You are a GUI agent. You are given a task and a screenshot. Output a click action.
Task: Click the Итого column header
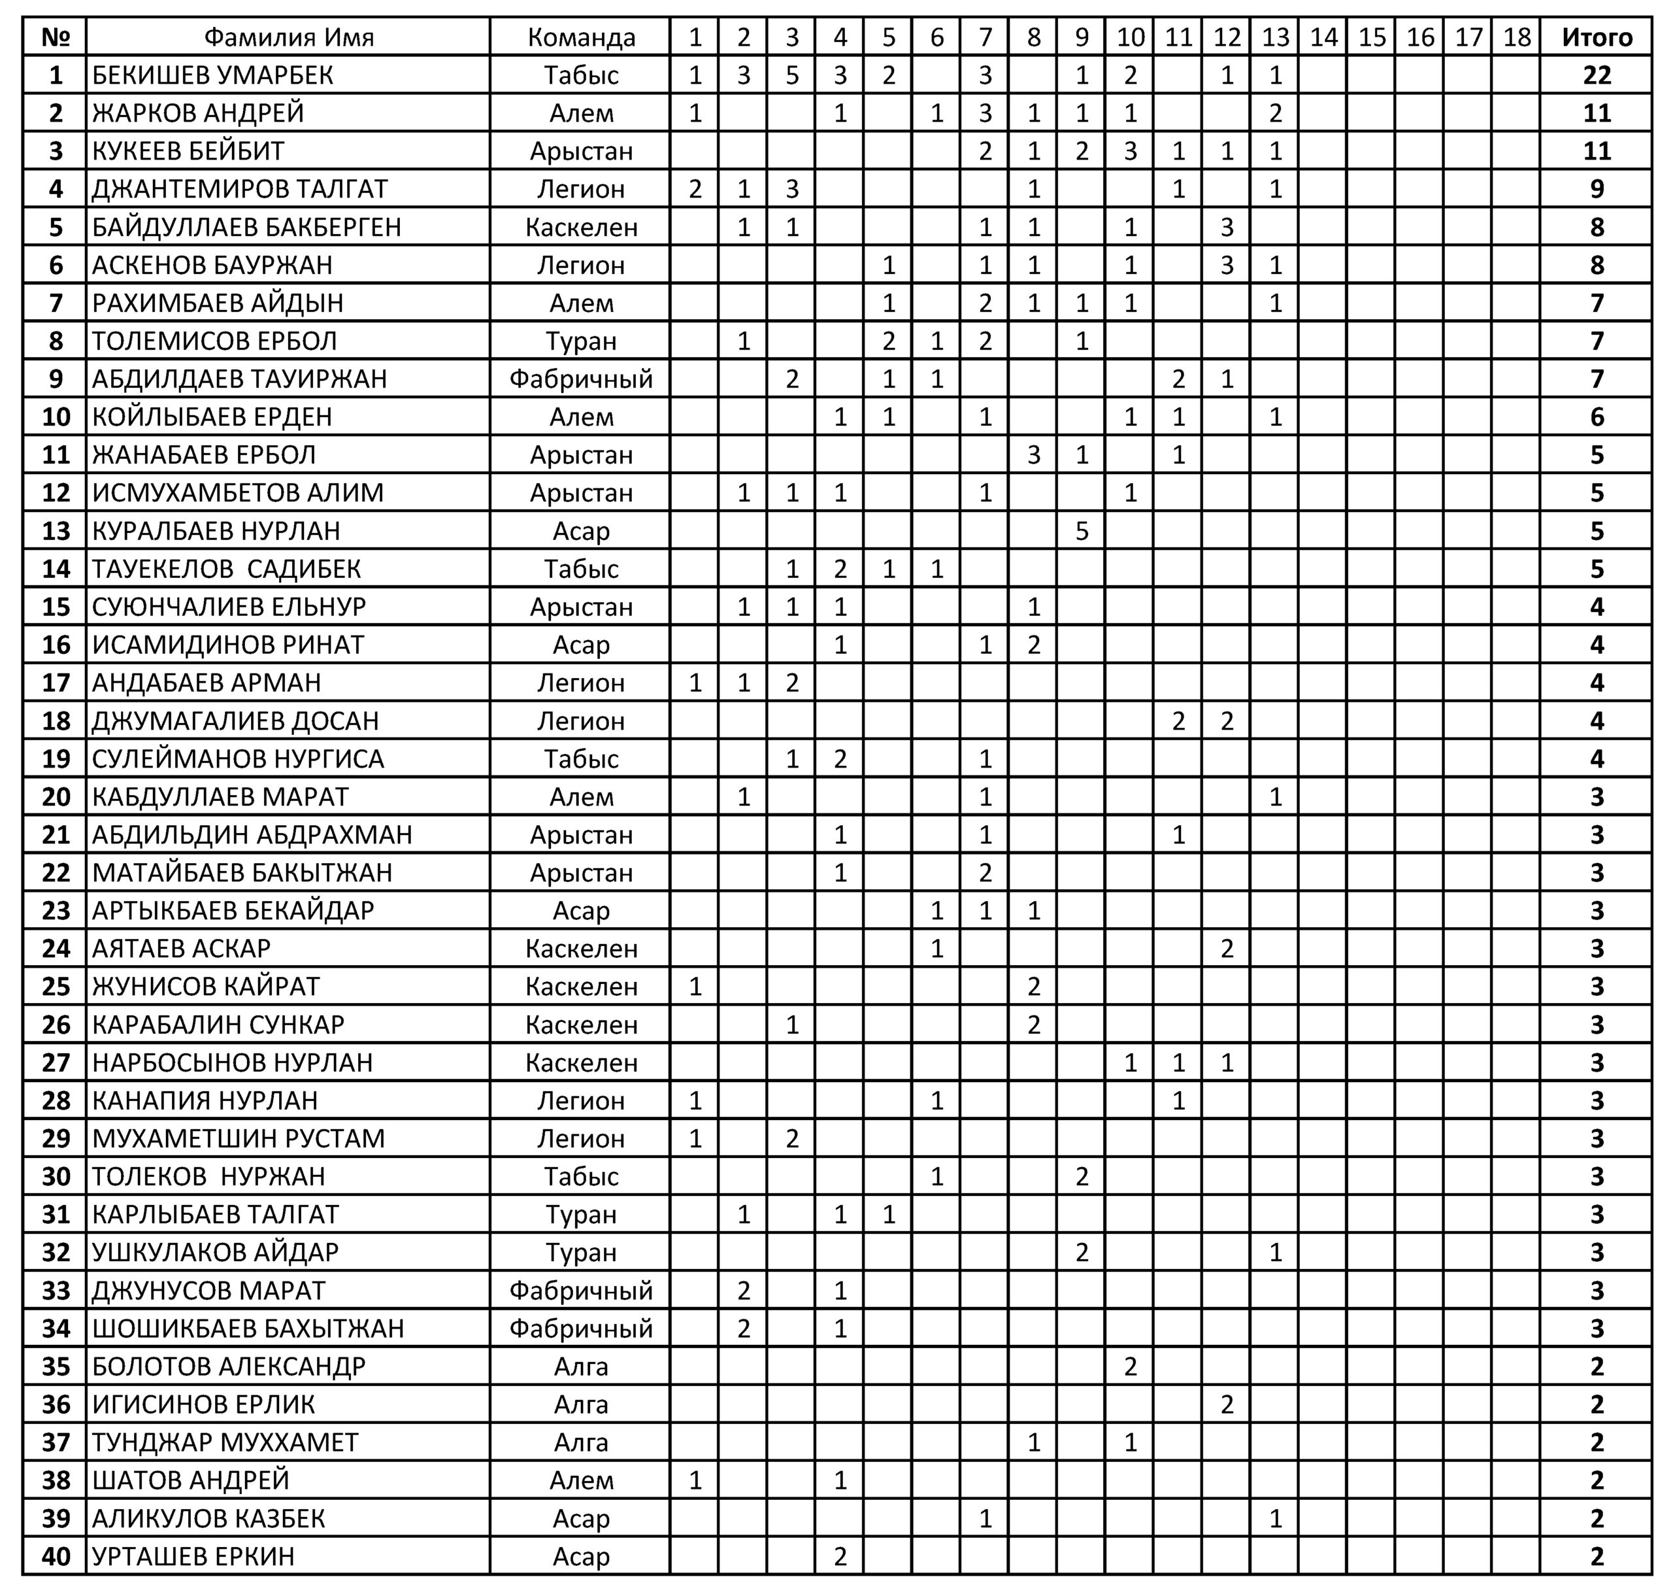(x=1597, y=37)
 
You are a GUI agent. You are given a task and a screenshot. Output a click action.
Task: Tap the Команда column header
(x=581, y=37)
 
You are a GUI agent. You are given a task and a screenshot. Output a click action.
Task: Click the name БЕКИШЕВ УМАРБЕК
(x=212, y=76)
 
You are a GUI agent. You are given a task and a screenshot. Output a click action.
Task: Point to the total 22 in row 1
(x=1597, y=76)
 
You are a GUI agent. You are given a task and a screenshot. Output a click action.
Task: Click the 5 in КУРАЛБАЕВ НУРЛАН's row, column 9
(x=1082, y=531)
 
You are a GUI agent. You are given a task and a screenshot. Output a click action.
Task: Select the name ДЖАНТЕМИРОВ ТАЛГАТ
(x=240, y=189)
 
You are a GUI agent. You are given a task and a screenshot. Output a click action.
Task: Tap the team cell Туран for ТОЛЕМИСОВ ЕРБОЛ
(x=581, y=341)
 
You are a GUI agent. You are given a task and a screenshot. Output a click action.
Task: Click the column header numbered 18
(x=1517, y=37)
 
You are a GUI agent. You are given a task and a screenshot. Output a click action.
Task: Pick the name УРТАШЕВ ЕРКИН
(x=193, y=1556)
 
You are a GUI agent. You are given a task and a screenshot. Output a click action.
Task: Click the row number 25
(x=56, y=987)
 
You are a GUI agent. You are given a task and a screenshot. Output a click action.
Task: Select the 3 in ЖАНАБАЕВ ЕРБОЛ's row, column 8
(x=1033, y=455)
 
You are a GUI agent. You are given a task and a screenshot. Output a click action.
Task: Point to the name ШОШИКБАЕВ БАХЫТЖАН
(x=248, y=1328)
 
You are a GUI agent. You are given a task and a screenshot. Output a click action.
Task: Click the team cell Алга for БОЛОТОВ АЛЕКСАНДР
(x=581, y=1367)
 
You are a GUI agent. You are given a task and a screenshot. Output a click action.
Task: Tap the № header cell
(x=56, y=37)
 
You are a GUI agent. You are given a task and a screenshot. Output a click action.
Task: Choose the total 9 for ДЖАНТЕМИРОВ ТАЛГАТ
(x=1597, y=189)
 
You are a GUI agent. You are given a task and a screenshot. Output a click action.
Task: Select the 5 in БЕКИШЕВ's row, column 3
(x=792, y=76)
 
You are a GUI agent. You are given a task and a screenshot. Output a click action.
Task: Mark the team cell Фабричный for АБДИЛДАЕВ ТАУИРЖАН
(x=581, y=379)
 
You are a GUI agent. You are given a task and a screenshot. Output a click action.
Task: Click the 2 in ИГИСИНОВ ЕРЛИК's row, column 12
(x=1227, y=1404)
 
